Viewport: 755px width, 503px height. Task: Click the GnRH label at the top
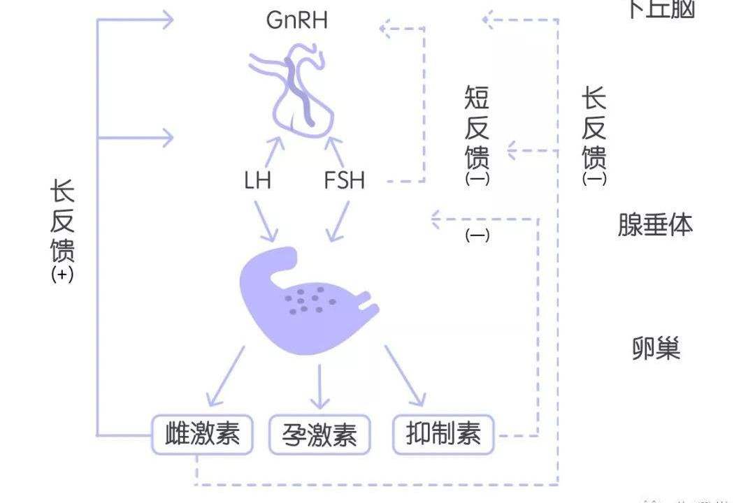[297, 20]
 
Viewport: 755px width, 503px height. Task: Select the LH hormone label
[257, 180]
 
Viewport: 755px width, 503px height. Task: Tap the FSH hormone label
[344, 180]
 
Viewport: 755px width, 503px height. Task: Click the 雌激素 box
[202, 435]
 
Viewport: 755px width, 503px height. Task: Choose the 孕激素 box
[320, 435]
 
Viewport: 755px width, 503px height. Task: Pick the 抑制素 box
[443, 435]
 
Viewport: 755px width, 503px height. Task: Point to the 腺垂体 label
[655, 224]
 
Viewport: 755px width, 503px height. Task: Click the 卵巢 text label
[655, 348]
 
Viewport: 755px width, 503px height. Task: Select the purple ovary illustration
[301, 300]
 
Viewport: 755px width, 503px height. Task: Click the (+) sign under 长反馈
[62, 275]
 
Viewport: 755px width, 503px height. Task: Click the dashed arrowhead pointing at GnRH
[385, 29]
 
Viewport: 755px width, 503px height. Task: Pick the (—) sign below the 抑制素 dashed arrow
[477, 235]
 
